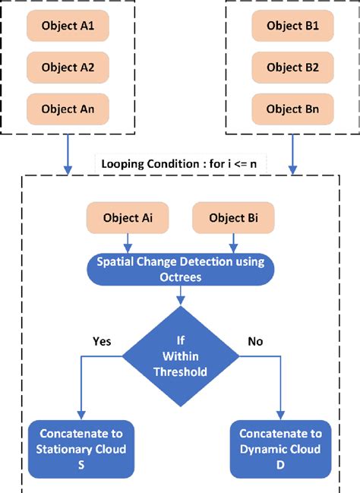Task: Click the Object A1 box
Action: coord(68,26)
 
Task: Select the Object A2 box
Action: coord(68,68)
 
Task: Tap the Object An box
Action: coord(68,109)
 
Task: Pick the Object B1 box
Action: coord(292,26)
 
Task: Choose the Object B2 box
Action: coord(292,68)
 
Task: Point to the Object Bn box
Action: coord(292,109)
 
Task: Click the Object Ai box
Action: coord(127,218)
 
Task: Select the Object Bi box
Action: coord(232,218)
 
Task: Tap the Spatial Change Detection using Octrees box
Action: coord(179,269)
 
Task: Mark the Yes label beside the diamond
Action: coord(102,341)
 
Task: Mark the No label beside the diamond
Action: coord(255,341)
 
